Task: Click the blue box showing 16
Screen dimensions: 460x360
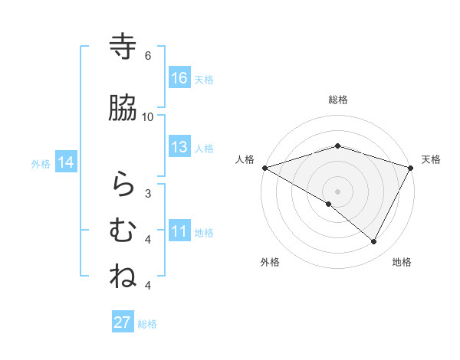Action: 179,78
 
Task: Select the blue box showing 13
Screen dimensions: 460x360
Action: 179,147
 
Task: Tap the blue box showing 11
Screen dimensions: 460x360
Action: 179,231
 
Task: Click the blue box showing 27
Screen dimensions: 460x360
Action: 123,322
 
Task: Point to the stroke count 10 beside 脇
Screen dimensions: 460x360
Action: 148,116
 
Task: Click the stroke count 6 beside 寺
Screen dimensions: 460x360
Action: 148,55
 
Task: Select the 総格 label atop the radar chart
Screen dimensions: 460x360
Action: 337,100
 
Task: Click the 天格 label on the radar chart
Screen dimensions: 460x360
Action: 432,159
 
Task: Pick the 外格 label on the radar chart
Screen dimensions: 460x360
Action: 270,262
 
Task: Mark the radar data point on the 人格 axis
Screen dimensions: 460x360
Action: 264,167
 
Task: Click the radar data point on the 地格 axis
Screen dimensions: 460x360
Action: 374,241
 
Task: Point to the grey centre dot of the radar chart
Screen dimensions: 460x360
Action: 337,191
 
